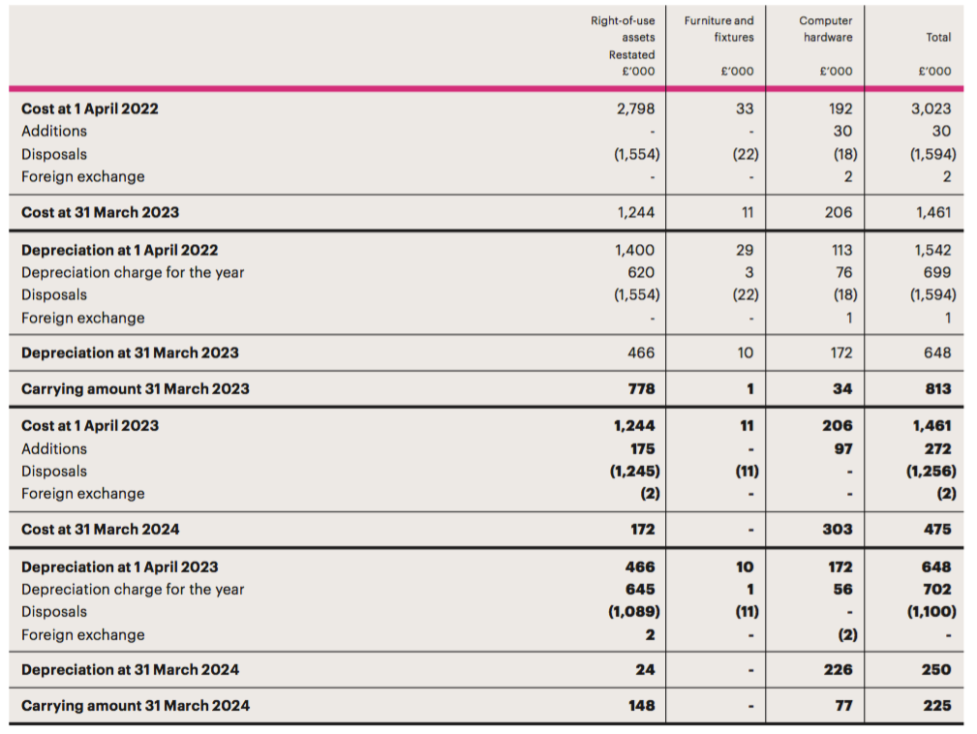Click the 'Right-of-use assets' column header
pyautogui.click(x=623, y=29)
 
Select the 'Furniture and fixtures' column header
pyautogui.click(x=718, y=29)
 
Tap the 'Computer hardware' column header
pyautogui.click(x=826, y=29)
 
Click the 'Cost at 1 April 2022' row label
pyautogui.click(x=90, y=108)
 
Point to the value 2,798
pyautogui.click(x=635, y=108)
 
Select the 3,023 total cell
pyautogui.click(x=931, y=108)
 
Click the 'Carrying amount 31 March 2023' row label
pyautogui.click(x=136, y=389)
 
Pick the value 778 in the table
pyautogui.click(x=641, y=389)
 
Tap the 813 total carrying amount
pyautogui.click(x=937, y=389)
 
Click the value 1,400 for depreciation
pyautogui.click(x=634, y=250)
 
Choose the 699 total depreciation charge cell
pyautogui.click(x=937, y=272)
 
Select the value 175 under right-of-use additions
pyautogui.click(x=642, y=448)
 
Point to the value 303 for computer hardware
pyautogui.click(x=837, y=529)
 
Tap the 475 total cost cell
pyautogui.click(x=937, y=529)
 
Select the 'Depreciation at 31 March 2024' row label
pyautogui.click(x=130, y=670)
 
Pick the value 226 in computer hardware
pyautogui.click(x=838, y=670)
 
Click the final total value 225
pyautogui.click(x=937, y=705)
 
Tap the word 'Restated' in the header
pyautogui.click(x=632, y=55)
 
